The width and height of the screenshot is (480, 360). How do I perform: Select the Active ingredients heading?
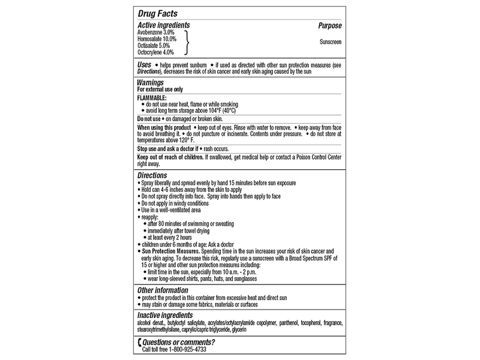pyautogui.click(x=164, y=25)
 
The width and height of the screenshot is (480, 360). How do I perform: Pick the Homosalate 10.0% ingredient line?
pyautogui.click(x=160, y=38)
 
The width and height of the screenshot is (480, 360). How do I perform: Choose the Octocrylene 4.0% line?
pyautogui.click(x=158, y=52)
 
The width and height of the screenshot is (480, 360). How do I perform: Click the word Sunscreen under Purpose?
pyautogui.click(x=329, y=42)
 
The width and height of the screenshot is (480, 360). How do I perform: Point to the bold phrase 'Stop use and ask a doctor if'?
pyautogui.click(x=172, y=148)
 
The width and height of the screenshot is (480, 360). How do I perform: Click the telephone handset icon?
pyautogui.click(x=140, y=343)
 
